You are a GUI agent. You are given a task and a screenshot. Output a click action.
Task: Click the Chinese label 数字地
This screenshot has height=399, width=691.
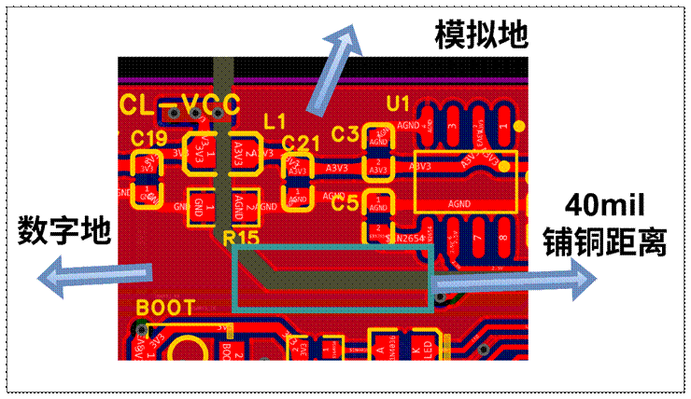point(63,228)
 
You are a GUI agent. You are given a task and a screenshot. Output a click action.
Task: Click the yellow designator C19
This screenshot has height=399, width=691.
point(148,139)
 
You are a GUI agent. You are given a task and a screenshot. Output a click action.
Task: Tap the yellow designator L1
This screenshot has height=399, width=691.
point(275,121)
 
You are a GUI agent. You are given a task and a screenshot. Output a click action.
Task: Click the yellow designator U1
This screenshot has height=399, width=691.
point(398,101)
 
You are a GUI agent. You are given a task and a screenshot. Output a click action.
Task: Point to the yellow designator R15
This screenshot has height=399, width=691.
point(242,239)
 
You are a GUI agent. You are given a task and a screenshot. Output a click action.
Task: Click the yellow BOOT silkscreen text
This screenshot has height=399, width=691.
point(166,307)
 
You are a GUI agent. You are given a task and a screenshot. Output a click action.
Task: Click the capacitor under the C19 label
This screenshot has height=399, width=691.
point(148,179)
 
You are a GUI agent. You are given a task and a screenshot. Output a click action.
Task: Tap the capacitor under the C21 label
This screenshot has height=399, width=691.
point(299,180)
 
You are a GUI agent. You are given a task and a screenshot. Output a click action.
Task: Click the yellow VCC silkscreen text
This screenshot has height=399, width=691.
point(210,103)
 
